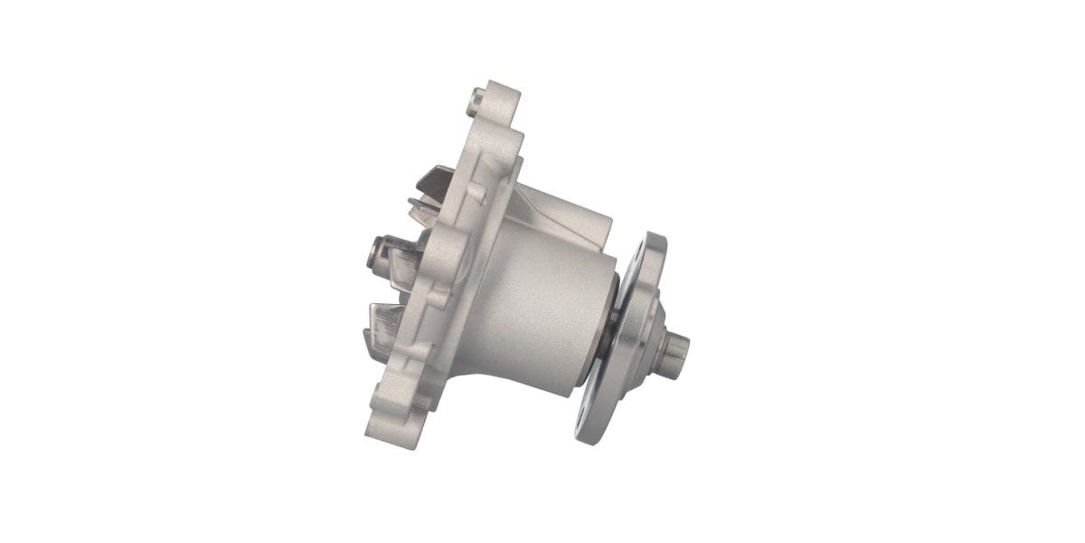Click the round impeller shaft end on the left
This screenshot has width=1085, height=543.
374,253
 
